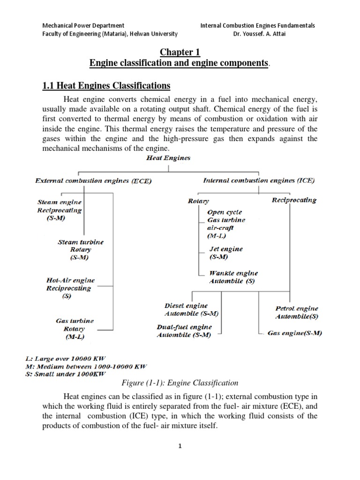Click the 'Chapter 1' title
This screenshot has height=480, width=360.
[x=180, y=52]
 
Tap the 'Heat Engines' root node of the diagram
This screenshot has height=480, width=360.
[x=166, y=158]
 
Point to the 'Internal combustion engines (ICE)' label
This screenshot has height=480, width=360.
[x=259, y=180]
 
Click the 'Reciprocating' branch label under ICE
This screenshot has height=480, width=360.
[x=294, y=200]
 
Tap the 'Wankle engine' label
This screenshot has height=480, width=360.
[x=233, y=273]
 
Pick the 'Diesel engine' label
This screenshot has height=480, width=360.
[x=186, y=306]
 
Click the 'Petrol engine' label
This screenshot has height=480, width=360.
[x=296, y=309]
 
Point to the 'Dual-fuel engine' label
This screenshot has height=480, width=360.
[x=184, y=327]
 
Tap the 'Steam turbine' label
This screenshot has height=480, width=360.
[x=80, y=242]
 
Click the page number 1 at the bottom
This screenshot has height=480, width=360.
[x=180, y=446]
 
